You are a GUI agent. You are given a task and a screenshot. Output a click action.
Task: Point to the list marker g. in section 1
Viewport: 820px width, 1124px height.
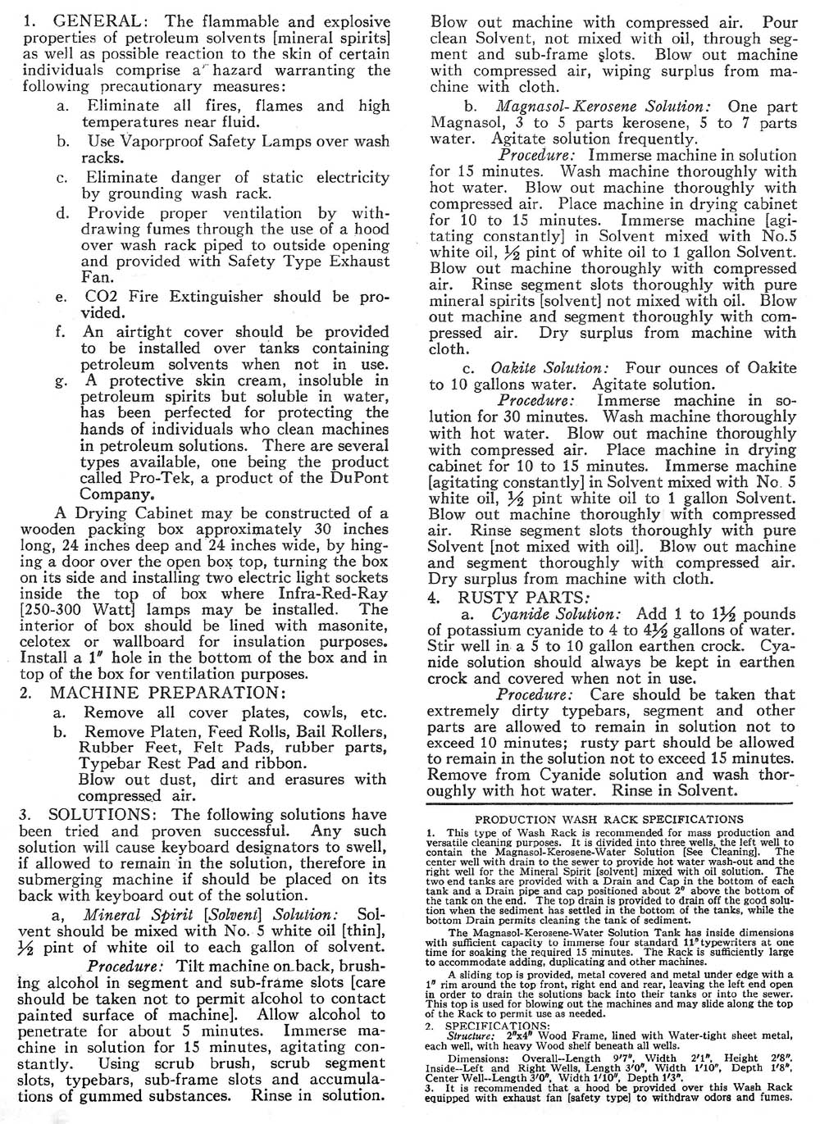point(61,380)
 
